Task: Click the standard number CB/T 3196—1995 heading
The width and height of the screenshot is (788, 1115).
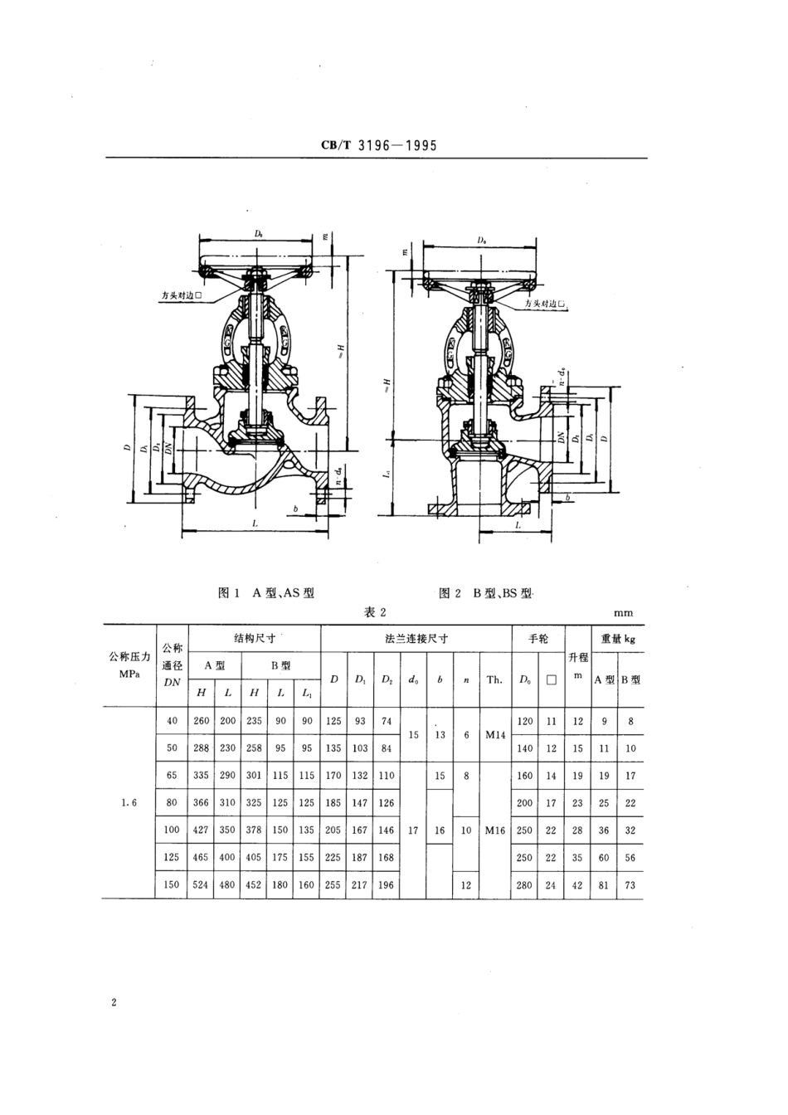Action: (x=378, y=146)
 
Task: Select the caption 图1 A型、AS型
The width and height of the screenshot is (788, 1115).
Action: (x=265, y=593)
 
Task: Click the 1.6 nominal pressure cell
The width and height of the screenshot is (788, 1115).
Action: (x=128, y=803)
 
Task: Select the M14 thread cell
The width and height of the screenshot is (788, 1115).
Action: (x=494, y=735)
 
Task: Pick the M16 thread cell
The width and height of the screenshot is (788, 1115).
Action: (x=494, y=830)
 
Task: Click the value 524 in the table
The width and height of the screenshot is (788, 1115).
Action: (x=201, y=885)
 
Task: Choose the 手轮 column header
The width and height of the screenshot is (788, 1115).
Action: (x=538, y=639)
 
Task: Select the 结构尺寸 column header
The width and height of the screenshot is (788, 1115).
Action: (x=254, y=639)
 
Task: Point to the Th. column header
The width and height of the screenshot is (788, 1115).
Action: (x=494, y=679)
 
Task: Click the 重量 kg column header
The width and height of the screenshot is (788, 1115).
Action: (x=617, y=639)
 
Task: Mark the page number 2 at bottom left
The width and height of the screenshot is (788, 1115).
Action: (x=113, y=1003)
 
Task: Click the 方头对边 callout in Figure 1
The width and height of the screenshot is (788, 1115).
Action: (x=182, y=294)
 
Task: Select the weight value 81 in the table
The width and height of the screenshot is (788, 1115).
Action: (x=604, y=885)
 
